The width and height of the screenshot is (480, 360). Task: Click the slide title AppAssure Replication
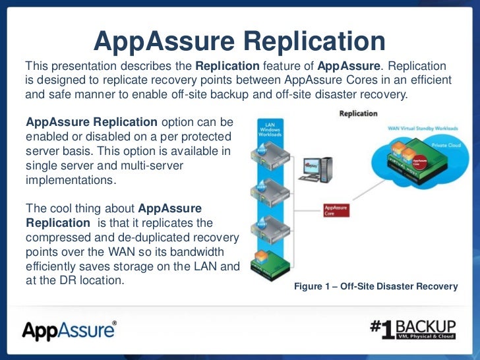[x=239, y=41]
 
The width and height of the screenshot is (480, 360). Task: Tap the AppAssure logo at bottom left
[x=69, y=329]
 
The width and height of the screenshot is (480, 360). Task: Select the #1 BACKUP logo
[x=413, y=330]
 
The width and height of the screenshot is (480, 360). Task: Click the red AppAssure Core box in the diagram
[x=336, y=210]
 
